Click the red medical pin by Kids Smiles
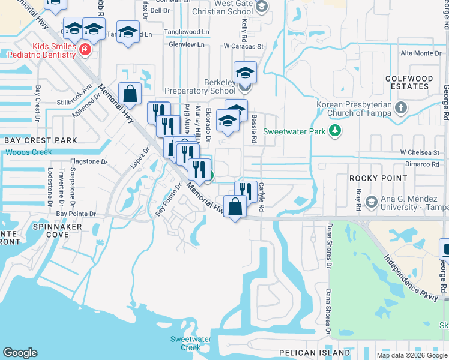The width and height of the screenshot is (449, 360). (x=85, y=49)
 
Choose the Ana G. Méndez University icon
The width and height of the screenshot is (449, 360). (x=370, y=200)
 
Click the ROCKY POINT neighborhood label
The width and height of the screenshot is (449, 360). (x=378, y=178)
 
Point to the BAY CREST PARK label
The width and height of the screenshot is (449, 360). (x=41, y=140)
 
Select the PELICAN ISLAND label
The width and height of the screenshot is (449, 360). (x=315, y=352)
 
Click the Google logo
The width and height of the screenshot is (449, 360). (x=20, y=353)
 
